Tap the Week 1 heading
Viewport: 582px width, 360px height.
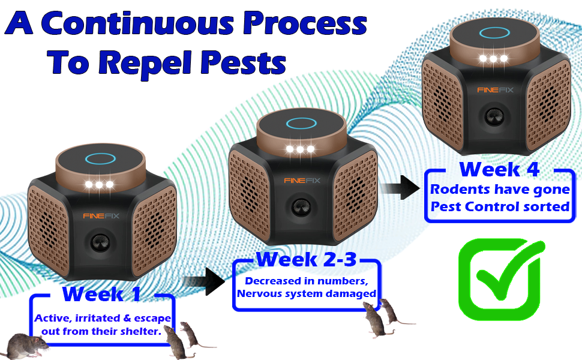coord(101,294)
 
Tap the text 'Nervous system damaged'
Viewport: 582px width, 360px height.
coord(307,293)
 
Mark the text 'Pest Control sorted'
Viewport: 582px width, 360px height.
coord(499,206)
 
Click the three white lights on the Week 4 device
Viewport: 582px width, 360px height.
coord(493,59)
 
